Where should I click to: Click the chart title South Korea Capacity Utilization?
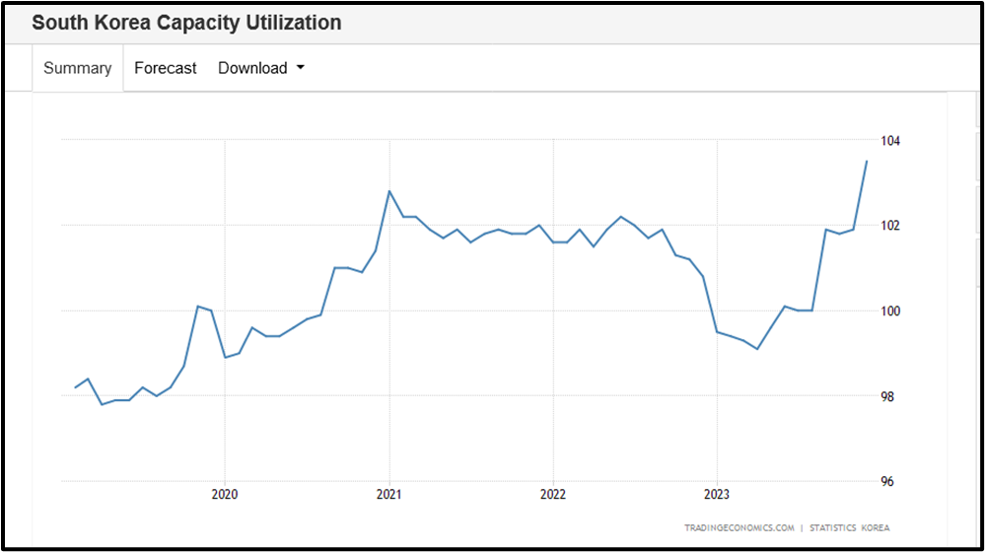click(186, 23)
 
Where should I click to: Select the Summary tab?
click(78, 68)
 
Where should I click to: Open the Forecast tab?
click(165, 68)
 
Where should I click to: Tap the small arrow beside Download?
click(300, 68)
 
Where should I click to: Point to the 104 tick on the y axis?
click(889, 141)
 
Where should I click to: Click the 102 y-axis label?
click(889, 226)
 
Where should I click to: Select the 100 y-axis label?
click(889, 311)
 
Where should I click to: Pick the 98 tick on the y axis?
click(889, 396)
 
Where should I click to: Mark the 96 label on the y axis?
click(889, 482)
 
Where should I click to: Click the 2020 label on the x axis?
click(225, 494)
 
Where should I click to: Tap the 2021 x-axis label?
click(389, 494)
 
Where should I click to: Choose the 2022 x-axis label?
click(553, 494)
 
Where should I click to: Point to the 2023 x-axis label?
click(717, 494)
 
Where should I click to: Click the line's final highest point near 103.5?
click(867, 161)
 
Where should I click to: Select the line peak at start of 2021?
click(389, 191)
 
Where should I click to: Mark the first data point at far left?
click(75, 387)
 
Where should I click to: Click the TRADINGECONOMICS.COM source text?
click(739, 528)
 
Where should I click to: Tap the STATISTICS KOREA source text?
click(849, 528)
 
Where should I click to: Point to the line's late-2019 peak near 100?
click(198, 307)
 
